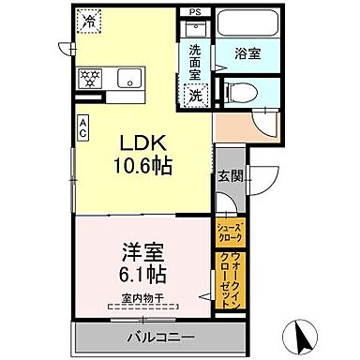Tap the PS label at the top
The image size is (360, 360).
(x=195, y=11)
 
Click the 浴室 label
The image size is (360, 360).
(x=247, y=54)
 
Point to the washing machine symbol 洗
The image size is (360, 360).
(x=196, y=94)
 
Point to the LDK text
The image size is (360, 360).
(x=142, y=143)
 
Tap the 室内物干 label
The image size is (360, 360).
(x=142, y=299)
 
